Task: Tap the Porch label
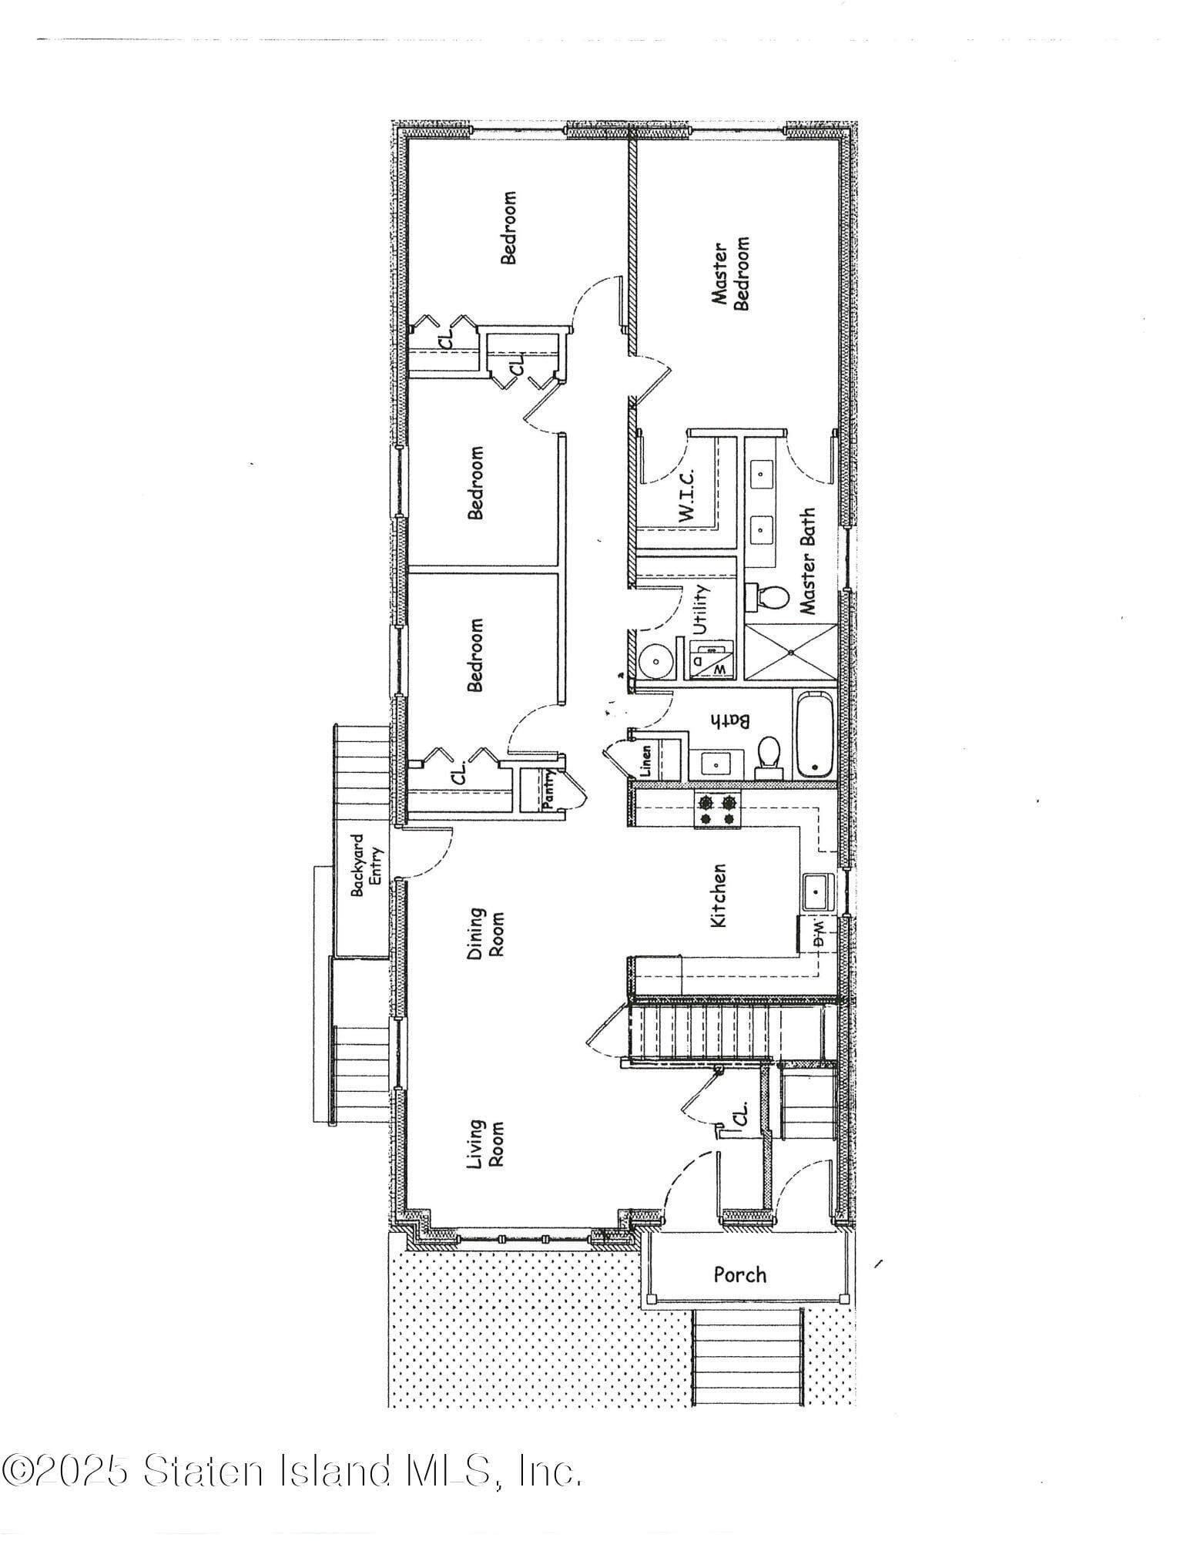coord(739,1274)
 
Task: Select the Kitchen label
coord(718,895)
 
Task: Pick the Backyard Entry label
coord(367,865)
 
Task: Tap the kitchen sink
coord(816,892)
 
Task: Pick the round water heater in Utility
coord(655,660)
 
